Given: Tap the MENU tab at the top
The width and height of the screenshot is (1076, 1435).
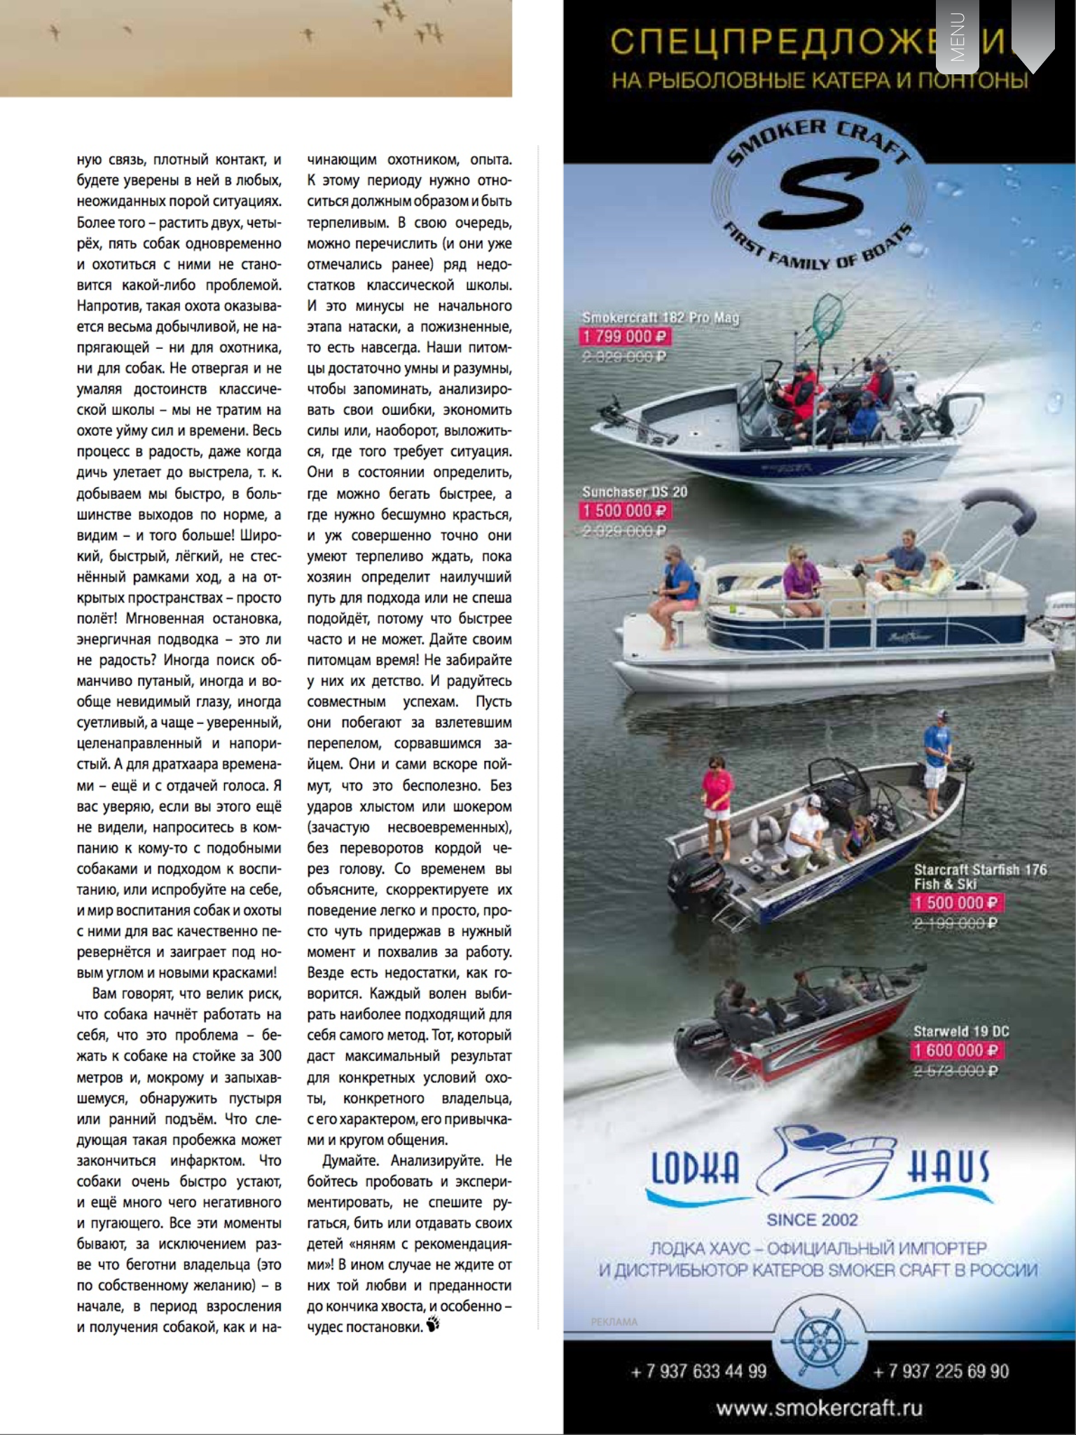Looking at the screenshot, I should tap(957, 36).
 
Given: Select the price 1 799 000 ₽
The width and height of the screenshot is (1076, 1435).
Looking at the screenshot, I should tap(625, 337).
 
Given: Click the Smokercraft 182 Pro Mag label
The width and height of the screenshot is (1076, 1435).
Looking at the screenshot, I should tap(660, 317).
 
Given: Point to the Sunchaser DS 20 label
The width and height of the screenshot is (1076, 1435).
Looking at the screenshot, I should tap(634, 492).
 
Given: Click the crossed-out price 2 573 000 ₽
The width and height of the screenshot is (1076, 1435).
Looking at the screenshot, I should tap(956, 1071).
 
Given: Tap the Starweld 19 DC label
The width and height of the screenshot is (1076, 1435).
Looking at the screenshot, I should tap(961, 1031).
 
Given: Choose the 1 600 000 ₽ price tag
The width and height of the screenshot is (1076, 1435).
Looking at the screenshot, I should tap(956, 1050).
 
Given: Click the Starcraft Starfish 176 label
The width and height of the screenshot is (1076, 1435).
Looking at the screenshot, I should tap(979, 870).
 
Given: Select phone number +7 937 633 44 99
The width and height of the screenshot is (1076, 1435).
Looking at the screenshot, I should tap(698, 1371).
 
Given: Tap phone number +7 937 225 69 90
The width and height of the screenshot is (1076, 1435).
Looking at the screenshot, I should tap(941, 1371).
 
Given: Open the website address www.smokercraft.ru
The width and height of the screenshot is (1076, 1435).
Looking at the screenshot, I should tap(819, 1408).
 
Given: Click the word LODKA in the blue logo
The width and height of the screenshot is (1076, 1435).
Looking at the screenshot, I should tap(694, 1168).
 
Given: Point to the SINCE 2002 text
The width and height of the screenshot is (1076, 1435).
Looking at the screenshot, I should tap(812, 1220).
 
